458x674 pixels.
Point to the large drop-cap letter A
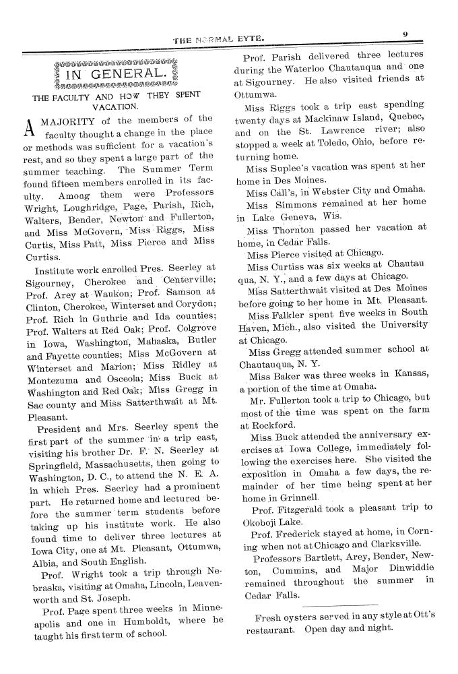(x=30, y=126)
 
